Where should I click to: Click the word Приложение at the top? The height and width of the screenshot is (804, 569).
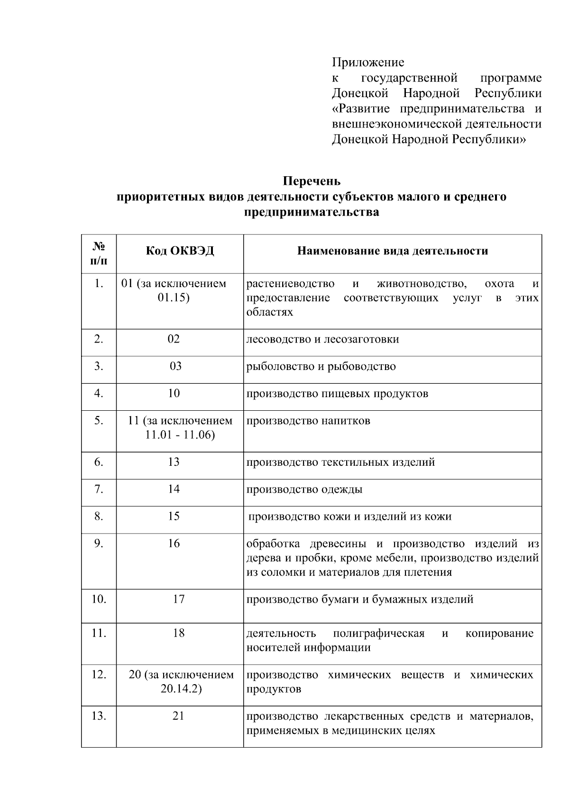368,63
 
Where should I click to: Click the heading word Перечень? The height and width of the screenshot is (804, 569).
312,181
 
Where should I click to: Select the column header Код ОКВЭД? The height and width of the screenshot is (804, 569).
180,251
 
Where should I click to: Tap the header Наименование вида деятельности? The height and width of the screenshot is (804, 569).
392,251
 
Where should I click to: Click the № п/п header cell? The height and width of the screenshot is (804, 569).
99,253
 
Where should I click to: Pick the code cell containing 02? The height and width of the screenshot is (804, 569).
174,339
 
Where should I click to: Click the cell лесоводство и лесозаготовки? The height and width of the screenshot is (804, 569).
322,339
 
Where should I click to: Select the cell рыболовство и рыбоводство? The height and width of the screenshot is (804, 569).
321,366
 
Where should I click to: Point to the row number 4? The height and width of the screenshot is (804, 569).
99,393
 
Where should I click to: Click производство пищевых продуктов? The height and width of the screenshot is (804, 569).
337,393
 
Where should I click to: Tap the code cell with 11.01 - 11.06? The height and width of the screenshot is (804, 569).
180,428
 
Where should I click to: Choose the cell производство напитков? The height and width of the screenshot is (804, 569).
308,421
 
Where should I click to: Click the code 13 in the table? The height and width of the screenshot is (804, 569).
174,462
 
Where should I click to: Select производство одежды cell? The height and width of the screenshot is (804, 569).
304,489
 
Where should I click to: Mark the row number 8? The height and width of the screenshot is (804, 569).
99,516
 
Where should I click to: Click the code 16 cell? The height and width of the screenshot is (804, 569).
174,543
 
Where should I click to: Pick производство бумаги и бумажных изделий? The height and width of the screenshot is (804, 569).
359,599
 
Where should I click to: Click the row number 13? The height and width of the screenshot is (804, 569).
99,716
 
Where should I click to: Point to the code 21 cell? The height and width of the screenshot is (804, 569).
178,716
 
